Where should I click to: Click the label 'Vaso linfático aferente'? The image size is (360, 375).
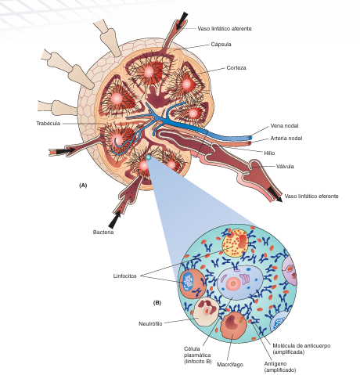[225, 29]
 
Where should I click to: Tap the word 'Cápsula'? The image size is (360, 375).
[221, 45]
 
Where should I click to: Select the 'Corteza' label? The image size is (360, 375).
[236, 68]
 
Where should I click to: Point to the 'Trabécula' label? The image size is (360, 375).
[49, 124]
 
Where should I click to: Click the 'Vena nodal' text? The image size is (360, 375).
[284, 126]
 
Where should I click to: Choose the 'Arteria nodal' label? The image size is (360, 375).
[286, 139]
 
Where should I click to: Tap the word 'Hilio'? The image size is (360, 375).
[269, 153]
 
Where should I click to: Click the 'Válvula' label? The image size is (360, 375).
[285, 166]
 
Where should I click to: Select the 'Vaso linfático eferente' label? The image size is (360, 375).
[311, 197]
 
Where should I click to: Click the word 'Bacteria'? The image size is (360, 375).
[103, 233]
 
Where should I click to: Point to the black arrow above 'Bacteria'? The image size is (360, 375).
[115, 219]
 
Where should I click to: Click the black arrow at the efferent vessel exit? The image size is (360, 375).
[275, 195]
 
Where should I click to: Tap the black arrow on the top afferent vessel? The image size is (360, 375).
[182, 20]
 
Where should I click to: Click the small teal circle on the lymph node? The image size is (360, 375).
[148, 157]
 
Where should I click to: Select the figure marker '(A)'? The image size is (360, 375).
[83, 186]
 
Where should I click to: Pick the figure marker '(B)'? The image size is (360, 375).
[157, 303]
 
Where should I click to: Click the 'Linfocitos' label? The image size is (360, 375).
[124, 276]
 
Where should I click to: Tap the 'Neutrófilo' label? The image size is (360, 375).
[150, 324]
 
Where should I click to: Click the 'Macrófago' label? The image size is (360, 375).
[230, 364]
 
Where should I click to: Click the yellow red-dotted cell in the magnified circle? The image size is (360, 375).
[235, 243]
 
